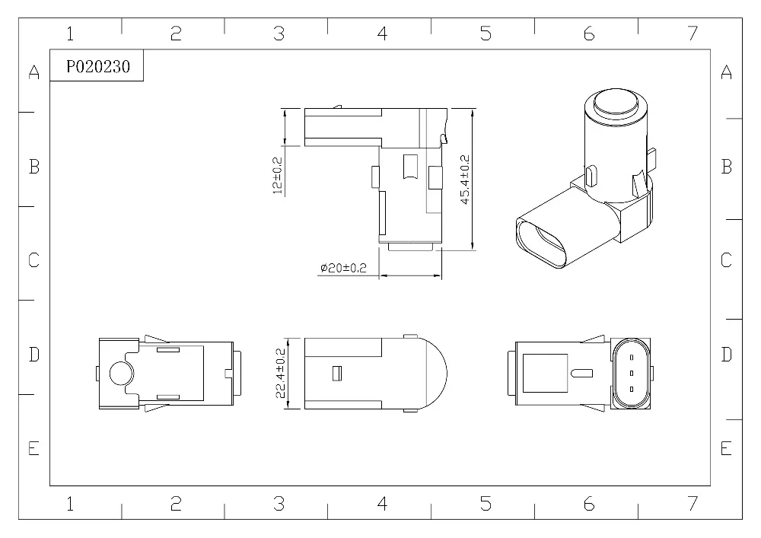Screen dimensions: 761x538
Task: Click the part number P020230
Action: tap(98, 66)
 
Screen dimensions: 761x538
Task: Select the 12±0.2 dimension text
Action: tap(278, 175)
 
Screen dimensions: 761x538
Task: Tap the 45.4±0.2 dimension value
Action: tap(464, 180)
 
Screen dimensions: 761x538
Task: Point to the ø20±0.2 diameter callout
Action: tap(343, 268)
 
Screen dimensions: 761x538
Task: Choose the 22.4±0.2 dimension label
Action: tap(281, 373)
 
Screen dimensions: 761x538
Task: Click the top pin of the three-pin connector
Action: tap(632, 358)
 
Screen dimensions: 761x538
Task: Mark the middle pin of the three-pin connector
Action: tap(632, 373)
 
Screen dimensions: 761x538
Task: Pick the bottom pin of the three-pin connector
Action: tap(632, 389)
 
